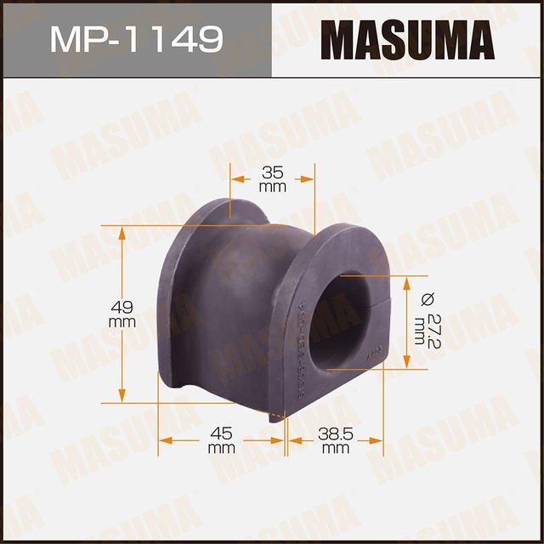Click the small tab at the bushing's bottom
pyautogui.click(x=275, y=415)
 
